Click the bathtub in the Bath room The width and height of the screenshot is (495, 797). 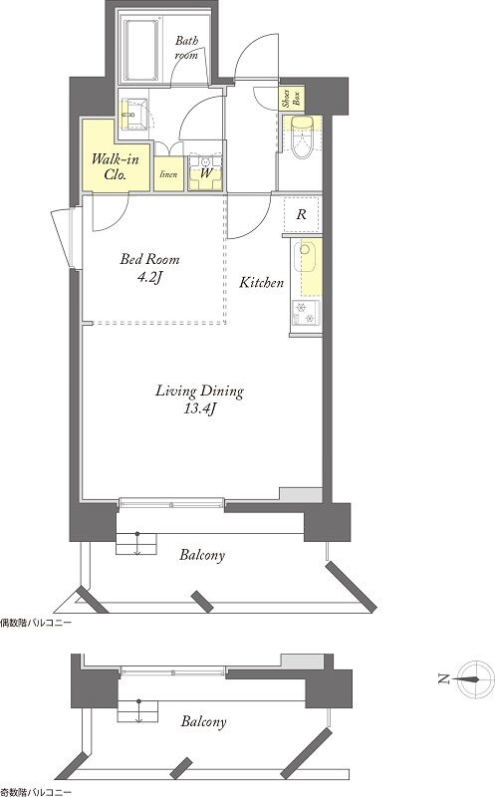click(x=142, y=51)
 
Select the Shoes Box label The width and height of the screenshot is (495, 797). click(x=291, y=98)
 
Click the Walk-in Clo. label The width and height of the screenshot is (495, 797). click(x=116, y=166)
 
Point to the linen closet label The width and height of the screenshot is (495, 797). click(x=168, y=174)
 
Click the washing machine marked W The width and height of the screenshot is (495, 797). click(x=206, y=171)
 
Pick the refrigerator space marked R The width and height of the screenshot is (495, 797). click(x=302, y=214)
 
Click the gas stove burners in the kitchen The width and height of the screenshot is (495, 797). click(x=306, y=313)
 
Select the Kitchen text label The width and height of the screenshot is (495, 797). click(x=261, y=282)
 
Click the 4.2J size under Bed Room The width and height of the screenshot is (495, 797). click(x=149, y=277)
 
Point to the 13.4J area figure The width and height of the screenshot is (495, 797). click(x=199, y=408)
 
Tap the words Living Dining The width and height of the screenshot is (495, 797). click(x=199, y=391)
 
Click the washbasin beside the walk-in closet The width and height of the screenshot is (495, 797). click(x=134, y=115)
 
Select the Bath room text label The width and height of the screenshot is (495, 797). click(x=186, y=47)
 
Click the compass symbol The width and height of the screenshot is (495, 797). click(x=475, y=679)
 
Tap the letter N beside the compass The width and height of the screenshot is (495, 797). click(x=443, y=678)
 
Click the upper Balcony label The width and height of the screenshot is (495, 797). click(x=202, y=555)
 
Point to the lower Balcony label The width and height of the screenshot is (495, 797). click(x=203, y=721)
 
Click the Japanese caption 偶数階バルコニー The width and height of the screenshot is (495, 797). click(x=36, y=622)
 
